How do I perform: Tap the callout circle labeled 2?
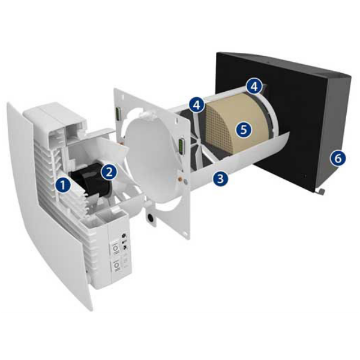108,172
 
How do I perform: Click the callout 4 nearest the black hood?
255,86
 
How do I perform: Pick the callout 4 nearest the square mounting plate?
196,104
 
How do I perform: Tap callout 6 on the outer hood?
338,158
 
